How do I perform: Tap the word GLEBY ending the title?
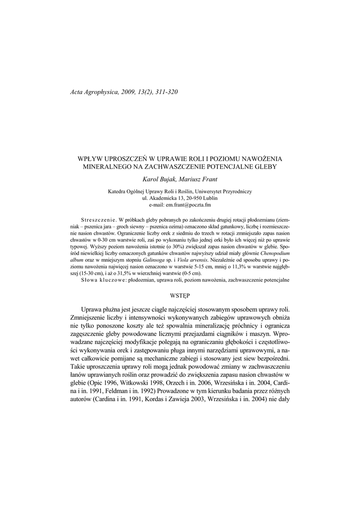(x=263, y=167)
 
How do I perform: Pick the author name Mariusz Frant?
(x=193, y=179)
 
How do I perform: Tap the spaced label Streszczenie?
(x=98, y=219)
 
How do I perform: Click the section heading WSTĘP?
(x=180, y=295)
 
